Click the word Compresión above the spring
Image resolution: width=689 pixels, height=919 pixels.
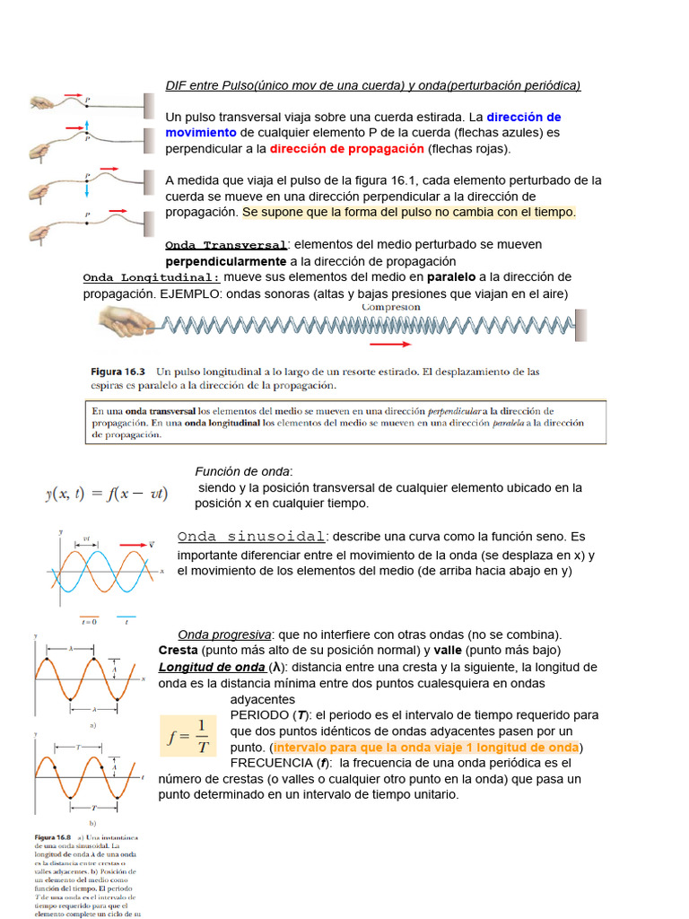(390, 307)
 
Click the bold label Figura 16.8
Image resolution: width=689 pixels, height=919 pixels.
(56, 837)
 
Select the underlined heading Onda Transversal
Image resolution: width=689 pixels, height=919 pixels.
(226, 245)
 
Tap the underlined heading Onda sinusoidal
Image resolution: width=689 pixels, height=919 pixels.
(252, 537)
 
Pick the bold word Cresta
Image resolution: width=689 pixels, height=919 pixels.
(179, 650)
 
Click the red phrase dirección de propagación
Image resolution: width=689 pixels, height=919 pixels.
(347, 149)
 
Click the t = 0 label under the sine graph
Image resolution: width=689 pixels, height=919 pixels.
(89, 622)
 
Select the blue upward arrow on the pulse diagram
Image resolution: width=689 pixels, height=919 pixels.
(87, 126)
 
